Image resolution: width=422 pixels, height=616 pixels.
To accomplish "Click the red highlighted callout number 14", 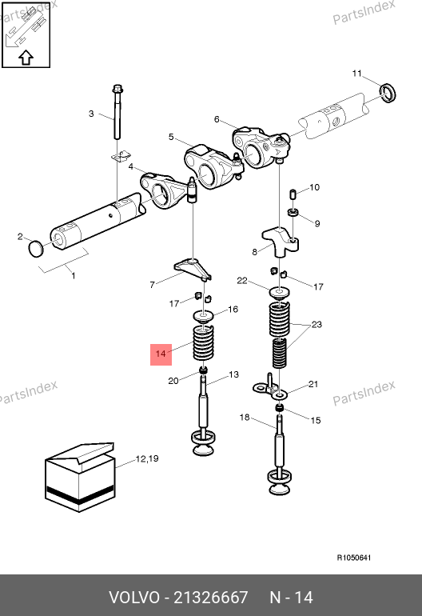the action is click(x=161, y=354).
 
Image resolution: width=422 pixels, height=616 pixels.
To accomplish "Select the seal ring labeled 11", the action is click(x=388, y=93).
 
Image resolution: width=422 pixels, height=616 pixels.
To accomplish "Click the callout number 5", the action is click(x=171, y=137).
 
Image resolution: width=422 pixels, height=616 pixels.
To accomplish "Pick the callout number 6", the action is click(x=217, y=119).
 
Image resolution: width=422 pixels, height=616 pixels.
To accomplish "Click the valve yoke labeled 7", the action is click(x=193, y=270).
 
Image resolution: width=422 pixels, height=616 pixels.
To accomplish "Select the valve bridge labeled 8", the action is click(x=281, y=242).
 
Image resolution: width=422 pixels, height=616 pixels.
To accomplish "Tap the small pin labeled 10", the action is click(x=293, y=212).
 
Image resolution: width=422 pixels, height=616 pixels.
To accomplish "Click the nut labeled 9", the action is click(x=293, y=194).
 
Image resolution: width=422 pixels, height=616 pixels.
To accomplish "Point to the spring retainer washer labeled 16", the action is click(x=204, y=315).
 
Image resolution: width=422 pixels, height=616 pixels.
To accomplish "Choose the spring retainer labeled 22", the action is click(x=280, y=292).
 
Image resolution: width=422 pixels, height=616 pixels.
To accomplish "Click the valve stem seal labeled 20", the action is click(x=203, y=370).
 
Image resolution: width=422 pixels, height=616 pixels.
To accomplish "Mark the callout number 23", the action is click(x=316, y=325).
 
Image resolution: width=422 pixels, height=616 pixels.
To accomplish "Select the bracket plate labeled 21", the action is click(x=270, y=390).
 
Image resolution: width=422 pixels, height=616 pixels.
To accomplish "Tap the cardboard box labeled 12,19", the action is click(x=80, y=477).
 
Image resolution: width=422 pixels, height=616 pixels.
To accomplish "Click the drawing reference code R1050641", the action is click(x=354, y=558).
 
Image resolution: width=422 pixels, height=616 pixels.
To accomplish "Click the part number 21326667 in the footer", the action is click(x=210, y=598).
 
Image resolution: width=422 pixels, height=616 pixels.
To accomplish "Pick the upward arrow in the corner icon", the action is click(x=26, y=58).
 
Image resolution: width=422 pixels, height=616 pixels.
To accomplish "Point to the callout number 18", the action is click(x=245, y=417).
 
